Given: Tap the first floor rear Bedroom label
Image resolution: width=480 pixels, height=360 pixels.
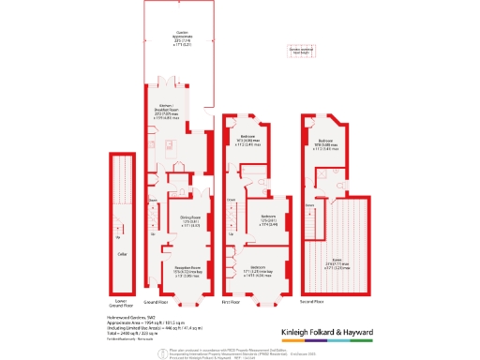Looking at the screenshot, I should tap(250, 142).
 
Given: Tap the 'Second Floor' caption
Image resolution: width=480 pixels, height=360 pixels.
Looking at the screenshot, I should tap(313, 304).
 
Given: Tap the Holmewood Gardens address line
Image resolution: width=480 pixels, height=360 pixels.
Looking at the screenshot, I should tap(131, 318).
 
